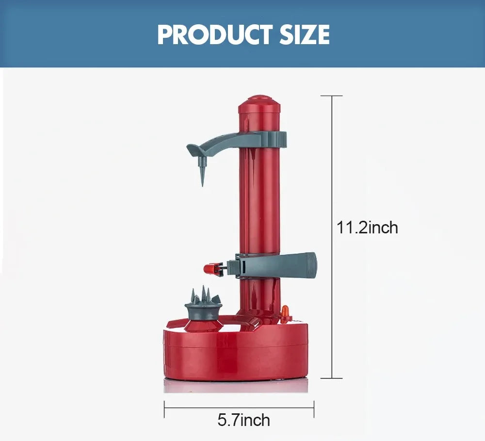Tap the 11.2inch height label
(x=367, y=227)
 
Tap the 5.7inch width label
(x=243, y=420)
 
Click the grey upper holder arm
(x=218, y=143)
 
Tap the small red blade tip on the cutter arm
(x=209, y=268)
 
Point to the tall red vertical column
(x=259, y=204)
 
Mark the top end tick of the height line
(x=332, y=96)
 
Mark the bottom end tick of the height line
(x=332, y=378)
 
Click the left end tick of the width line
(x=164, y=409)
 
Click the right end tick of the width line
(x=314, y=409)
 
